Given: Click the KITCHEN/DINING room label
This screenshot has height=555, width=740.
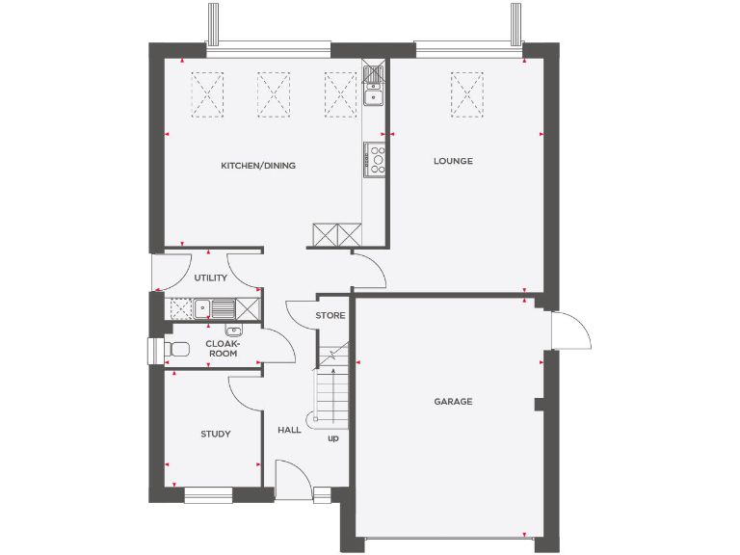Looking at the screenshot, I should (x=258, y=166).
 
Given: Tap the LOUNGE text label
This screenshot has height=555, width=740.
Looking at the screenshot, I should (x=453, y=161).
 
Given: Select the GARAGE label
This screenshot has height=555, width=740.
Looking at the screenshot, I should (x=453, y=402).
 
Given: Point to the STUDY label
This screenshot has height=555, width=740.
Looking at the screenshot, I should (x=215, y=435).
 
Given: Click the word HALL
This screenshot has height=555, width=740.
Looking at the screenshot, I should (x=289, y=430).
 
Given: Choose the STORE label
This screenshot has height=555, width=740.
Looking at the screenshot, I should (x=330, y=315).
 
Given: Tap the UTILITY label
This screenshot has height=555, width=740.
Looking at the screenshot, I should (x=210, y=278).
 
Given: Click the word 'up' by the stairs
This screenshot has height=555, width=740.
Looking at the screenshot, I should (x=333, y=438).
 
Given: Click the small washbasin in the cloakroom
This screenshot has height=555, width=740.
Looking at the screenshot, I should (x=232, y=331).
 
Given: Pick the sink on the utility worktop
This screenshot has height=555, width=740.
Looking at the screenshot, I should (x=202, y=309).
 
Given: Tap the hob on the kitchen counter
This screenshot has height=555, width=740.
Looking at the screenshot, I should (x=374, y=159).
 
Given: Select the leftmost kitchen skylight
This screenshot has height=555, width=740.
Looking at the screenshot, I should (x=208, y=94).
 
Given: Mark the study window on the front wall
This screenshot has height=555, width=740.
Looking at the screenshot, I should (x=208, y=495).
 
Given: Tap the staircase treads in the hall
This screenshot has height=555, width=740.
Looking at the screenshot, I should (x=332, y=385).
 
